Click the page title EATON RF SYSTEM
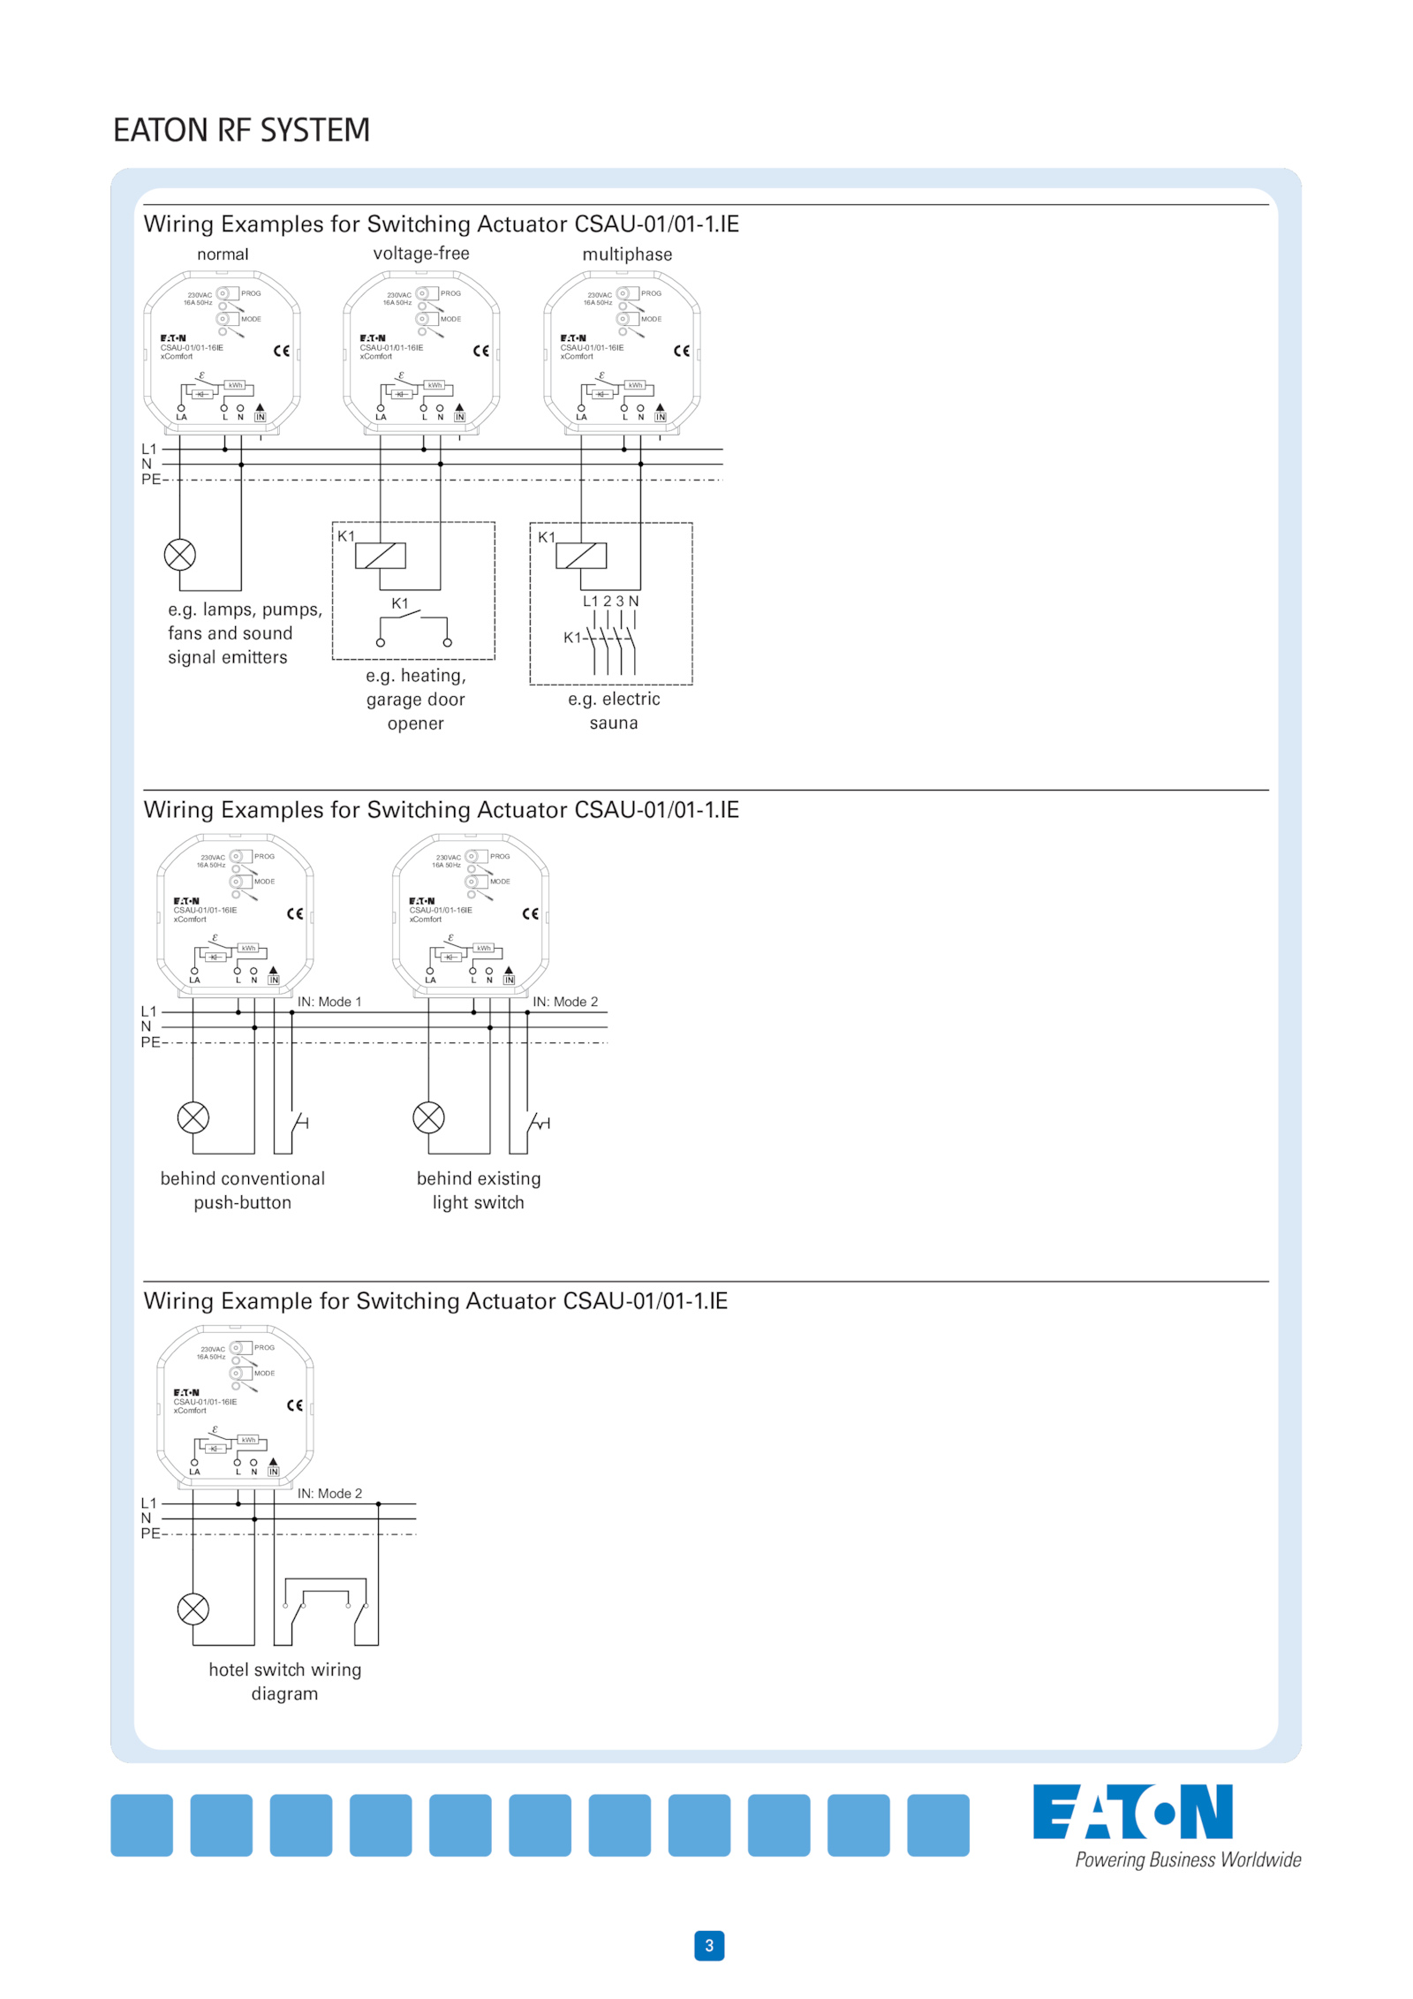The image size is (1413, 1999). click(x=241, y=130)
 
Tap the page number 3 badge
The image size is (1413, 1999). click(x=708, y=1944)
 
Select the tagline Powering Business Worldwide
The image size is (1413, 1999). click(x=1187, y=1859)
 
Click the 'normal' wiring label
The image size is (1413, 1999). click(x=223, y=254)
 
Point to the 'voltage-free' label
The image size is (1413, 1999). click(x=421, y=254)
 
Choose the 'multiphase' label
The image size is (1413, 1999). click(x=627, y=254)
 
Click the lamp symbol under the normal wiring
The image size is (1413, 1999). click(x=180, y=555)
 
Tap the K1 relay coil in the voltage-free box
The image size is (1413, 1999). click(x=381, y=556)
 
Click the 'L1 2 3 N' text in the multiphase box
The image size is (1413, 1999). click(x=610, y=601)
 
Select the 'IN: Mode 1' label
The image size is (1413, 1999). click(x=329, y=1002)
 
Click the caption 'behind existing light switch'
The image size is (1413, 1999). click(x=479, y=1190)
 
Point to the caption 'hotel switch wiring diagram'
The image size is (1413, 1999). click(x=285, y=1681)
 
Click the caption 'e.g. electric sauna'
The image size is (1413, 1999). click(x=614, y=710)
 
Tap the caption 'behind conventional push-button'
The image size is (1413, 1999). click(x=243, y=1190)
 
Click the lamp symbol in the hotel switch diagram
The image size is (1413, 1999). click(x=193, y=1609)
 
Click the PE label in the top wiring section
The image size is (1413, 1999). click(x=151, y=480)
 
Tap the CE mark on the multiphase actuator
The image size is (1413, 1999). click(x=681, y=351)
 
